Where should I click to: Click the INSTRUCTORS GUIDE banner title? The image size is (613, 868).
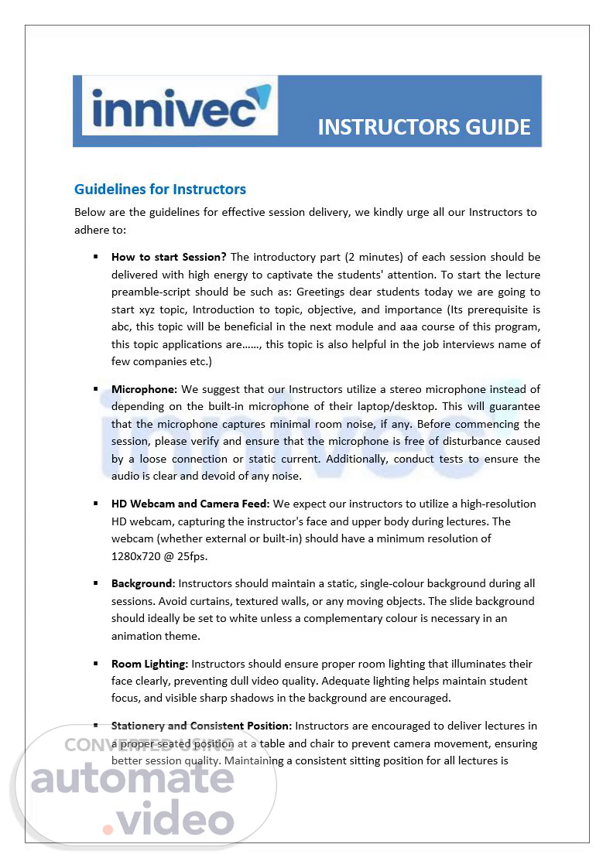424,127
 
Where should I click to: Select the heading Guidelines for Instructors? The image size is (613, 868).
160,189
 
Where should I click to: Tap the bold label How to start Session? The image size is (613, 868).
169,257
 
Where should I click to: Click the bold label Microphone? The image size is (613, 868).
145,389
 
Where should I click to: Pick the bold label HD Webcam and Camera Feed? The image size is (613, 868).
190,504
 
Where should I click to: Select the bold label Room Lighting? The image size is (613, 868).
149,664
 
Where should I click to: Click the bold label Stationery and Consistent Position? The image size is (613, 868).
201,726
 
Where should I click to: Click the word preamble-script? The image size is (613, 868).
149,292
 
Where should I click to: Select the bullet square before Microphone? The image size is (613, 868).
96,389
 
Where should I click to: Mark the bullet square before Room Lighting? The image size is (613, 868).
96,664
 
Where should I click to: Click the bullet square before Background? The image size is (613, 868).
96,583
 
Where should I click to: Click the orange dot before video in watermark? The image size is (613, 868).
108,829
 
